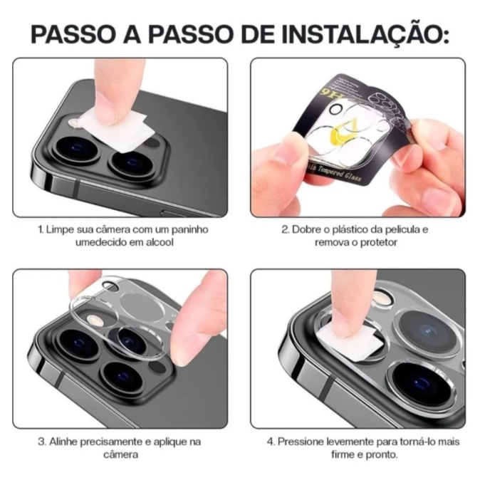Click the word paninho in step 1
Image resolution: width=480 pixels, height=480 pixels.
190,229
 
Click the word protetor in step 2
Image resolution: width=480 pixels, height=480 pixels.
378,243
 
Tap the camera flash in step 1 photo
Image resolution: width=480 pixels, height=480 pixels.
73,123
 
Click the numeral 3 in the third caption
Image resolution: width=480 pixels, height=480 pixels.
41,442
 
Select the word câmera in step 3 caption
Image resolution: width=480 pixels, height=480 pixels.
120,454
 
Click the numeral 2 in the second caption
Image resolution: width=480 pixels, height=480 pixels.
285,229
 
